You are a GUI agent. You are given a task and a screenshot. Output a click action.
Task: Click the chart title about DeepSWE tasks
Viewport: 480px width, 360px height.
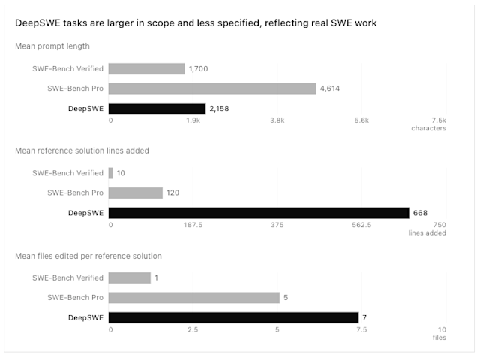coord(196,23)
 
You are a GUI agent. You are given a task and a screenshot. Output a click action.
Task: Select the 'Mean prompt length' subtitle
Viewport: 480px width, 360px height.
coord(52,46)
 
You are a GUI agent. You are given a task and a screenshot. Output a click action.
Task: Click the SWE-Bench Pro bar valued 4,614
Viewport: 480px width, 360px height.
coord(212,88)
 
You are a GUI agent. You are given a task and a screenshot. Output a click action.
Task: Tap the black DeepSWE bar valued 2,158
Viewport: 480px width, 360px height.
coord(157,109)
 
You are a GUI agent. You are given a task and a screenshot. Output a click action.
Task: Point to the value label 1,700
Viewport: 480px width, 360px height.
coord(198,68)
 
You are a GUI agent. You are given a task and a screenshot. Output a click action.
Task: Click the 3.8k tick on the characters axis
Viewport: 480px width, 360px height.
coord(277,121)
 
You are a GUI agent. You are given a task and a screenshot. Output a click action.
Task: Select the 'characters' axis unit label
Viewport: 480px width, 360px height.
coord(428,128)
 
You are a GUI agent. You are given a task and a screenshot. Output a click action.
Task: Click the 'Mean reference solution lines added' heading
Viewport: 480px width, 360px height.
coord(82,151)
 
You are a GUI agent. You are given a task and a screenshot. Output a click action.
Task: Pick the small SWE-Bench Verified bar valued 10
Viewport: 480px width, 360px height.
coord(111,173)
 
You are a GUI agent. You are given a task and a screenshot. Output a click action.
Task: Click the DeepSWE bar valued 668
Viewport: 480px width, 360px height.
coord(259,213)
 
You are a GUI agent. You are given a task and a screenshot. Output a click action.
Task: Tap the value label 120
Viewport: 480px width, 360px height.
coord(172,193)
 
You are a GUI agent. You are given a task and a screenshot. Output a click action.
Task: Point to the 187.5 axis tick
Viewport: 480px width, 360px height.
coord(193,225)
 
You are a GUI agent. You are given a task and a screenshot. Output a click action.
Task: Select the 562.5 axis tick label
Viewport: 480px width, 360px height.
coord(361,225)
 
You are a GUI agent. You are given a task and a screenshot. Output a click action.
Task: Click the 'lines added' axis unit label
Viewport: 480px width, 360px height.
coord(427,233)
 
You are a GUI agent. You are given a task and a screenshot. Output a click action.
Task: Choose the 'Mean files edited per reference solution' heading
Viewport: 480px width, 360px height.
coord(88,256)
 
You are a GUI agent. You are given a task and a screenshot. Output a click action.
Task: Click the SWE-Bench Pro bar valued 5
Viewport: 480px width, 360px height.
coord(194,298)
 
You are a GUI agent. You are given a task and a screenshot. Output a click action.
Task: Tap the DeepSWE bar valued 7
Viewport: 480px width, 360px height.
coord(233,318)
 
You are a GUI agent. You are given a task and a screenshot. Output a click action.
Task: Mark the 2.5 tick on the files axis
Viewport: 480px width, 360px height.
coord(193,330)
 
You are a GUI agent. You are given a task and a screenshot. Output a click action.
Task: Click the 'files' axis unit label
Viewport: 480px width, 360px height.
coord(439,337)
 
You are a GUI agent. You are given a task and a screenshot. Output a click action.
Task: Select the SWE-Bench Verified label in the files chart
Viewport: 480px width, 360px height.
coord(68,277)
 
